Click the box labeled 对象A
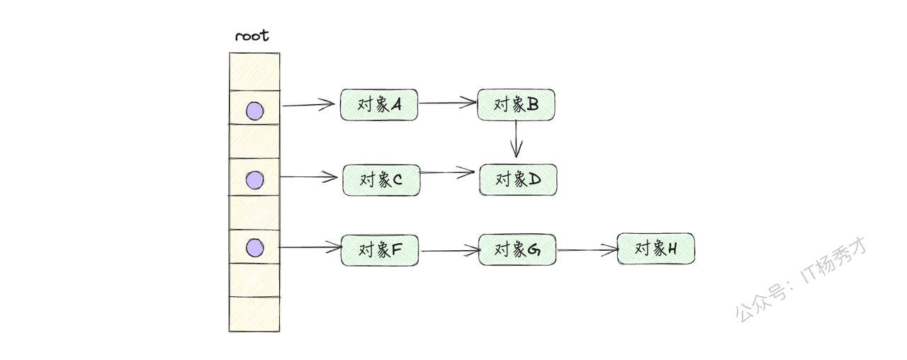tap(379, 105)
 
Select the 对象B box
tap(516, 105)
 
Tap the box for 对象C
tap(381, 180)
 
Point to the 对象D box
tap(518, 180)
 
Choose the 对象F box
tap(380, 249)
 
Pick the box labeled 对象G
tap(517, 249)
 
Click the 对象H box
tap(655, 249)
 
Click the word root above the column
tap(252, 36)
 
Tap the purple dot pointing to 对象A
tap(254, 111)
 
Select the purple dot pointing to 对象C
tap(254, 180)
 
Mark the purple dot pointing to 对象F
tap(254, 248)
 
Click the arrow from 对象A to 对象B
tap(447, 103)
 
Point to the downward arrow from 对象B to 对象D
tap(517, 138)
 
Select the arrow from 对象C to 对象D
tap(449, 171)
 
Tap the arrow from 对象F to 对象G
tap(449, 250)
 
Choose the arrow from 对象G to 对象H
tap(587, 249)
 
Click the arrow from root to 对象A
tap(308, 105)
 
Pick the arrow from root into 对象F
tap(310, 247)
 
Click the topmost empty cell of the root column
tap(254, 72)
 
